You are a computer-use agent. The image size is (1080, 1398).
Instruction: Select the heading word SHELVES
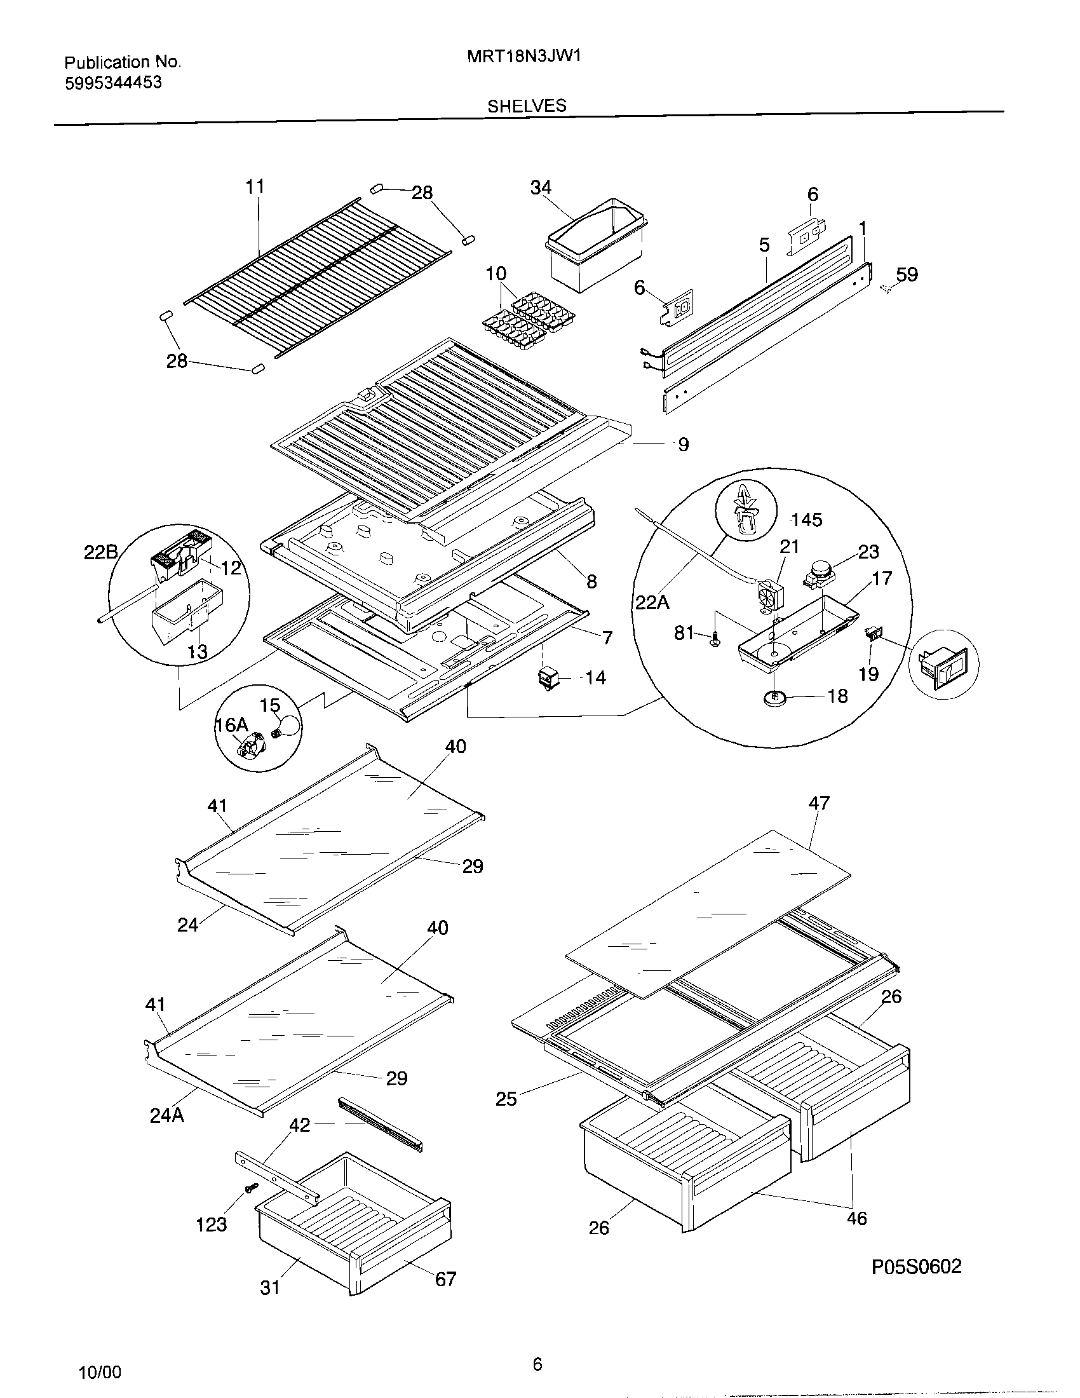click(527, 105)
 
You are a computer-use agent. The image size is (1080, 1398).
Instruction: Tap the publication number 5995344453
click(113, 83)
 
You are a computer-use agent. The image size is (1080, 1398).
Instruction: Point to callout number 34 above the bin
click(541, 187)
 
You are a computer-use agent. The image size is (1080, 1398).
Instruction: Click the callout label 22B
click(100, 552)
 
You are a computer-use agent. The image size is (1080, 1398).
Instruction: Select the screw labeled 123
click(250, 1188)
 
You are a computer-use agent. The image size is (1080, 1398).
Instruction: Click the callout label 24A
click(167, 1116)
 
